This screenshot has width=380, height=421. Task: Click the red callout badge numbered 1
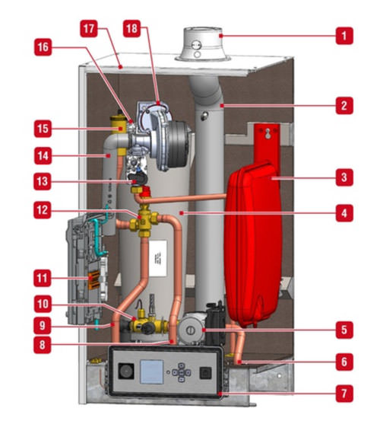click(344, 36)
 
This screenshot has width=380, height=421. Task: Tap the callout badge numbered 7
click(344, 394)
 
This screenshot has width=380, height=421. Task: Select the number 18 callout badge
click(131, 28)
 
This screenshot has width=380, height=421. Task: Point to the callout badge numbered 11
click(42, 278)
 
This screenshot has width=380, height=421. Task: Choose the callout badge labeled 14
click(43, 156)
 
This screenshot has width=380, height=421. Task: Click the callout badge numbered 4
click(344, 213)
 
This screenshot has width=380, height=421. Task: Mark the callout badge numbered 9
click(42, 326)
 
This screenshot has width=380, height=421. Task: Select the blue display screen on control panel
click(152, 372)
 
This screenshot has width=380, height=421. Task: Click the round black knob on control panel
click(126, 372)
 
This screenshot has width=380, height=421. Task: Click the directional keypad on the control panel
click(182, 372)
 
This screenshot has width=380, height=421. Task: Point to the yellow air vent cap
click(119, 123)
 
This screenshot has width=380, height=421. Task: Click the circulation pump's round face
click(190, 330)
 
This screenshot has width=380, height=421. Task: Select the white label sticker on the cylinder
click(158, 258)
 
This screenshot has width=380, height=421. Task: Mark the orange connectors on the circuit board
click(94, 280)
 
